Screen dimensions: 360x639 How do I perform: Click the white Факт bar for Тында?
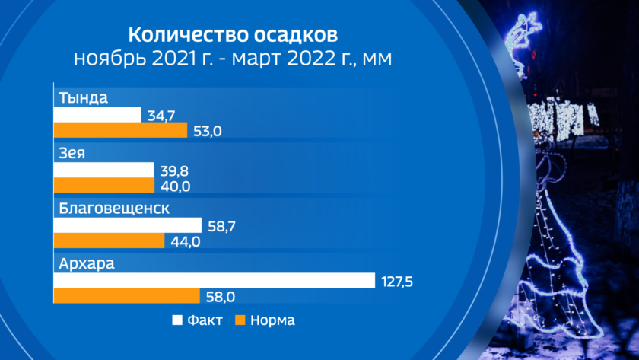(97, 114)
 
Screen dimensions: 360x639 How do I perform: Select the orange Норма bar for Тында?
(119, 130)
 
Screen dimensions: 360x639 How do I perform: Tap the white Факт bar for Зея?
(103, 170)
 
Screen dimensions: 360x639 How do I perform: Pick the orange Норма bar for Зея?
(103, 186)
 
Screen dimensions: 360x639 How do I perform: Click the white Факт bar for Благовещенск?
(127, 225)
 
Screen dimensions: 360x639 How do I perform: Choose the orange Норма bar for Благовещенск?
(108, 241)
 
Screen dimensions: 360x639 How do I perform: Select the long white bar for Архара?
(214, 280)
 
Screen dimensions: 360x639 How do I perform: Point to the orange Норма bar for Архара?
(126, 296)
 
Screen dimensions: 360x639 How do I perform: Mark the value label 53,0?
(206, 131)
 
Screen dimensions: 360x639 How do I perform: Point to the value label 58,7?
(221, 226)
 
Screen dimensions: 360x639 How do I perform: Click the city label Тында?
(84, 98)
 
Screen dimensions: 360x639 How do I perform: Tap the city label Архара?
(86, 264)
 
